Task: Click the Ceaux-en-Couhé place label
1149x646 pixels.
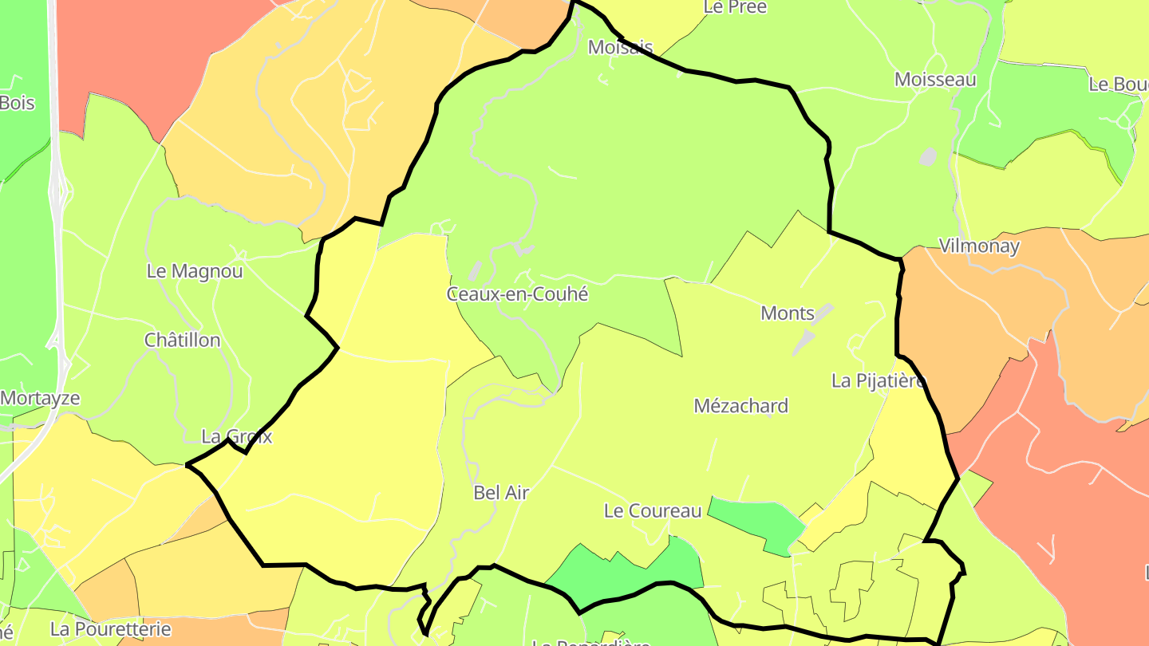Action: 517,294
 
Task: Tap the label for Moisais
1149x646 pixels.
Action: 620,47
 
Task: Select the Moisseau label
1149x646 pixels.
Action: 935,80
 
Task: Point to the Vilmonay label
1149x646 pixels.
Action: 979,246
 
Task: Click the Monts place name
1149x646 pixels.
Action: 787,313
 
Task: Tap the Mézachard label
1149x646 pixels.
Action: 740,406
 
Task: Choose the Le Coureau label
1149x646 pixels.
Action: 653,511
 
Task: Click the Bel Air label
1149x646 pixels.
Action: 501,493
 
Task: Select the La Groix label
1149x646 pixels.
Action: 237,437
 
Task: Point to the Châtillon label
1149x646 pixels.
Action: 182,341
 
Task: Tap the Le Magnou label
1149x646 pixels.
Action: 195,271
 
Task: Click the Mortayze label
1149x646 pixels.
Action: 40,398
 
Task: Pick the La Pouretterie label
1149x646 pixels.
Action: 110,629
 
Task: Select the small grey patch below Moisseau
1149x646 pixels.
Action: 928,156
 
